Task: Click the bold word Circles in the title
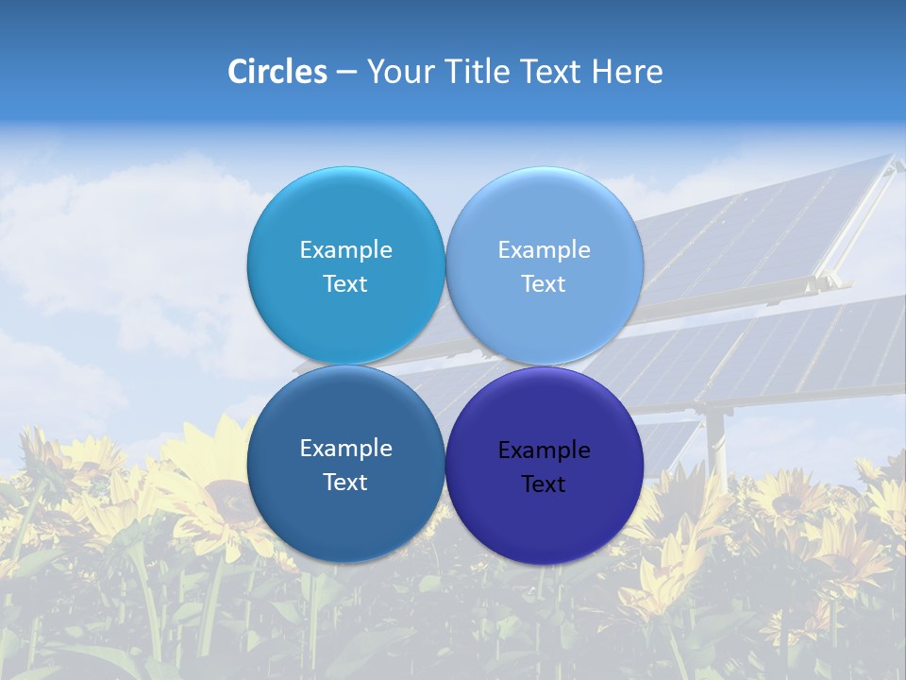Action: (277, 72)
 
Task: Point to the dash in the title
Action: (346, 73)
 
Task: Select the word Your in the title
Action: (396, 72)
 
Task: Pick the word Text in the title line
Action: (553, 72)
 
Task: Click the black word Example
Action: (545, 450)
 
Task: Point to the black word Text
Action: (544, 484)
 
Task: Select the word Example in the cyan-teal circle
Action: (345, 250)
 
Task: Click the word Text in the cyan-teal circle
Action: (345, 284)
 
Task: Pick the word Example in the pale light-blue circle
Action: (544, 250)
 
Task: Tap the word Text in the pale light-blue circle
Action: (544, 284)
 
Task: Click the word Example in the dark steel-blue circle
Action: (345, 449)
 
